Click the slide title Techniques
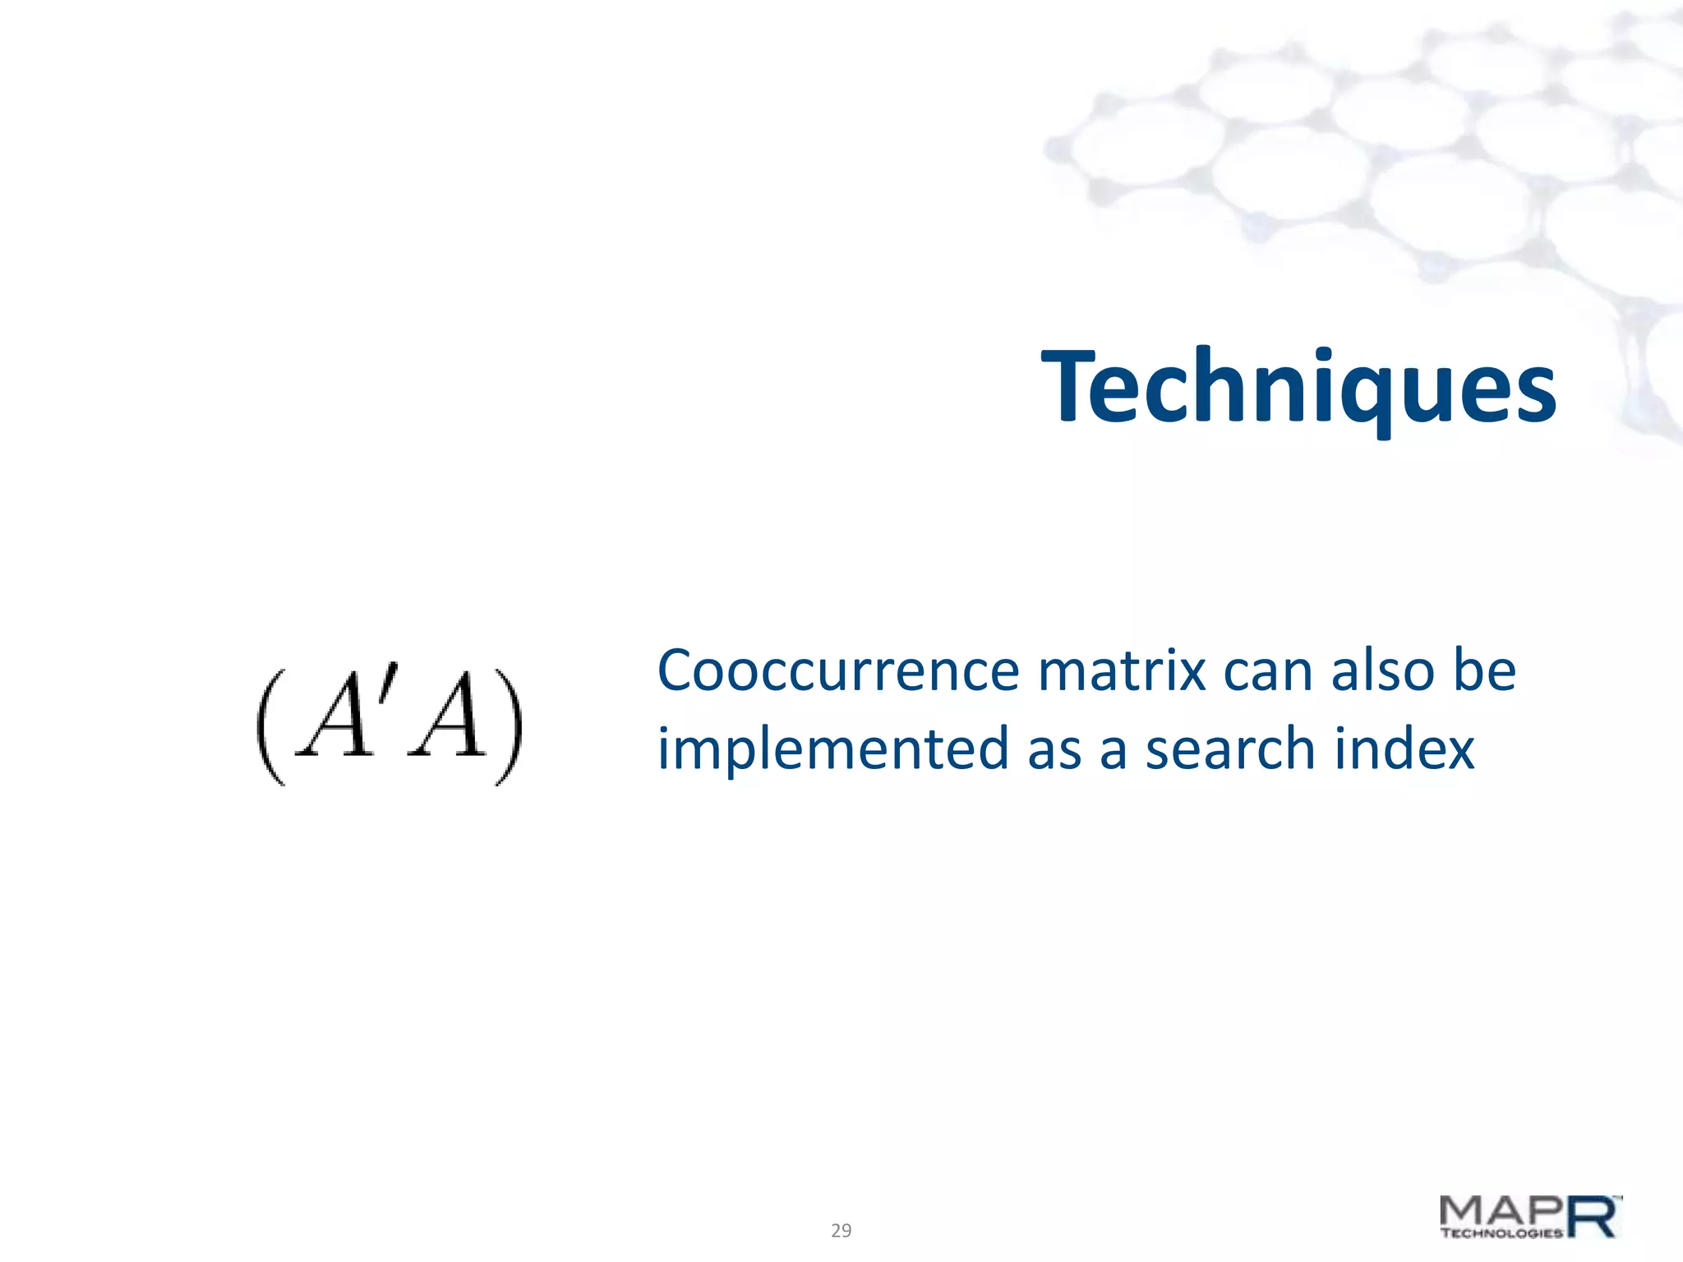click(x=1298, y=386)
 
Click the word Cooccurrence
click(x=837, y=671)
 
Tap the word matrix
click(x=1122, y=671)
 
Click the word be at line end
click(x=1484, y=671)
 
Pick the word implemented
click(x=832, y=750)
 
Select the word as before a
click(x=1054, y=750)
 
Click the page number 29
click(x=841, y=1230)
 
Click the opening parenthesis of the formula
click(x=272, y=726)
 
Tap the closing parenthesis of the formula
click(x=508, y=726)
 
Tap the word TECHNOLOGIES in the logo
click(x=1501, y=1232)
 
